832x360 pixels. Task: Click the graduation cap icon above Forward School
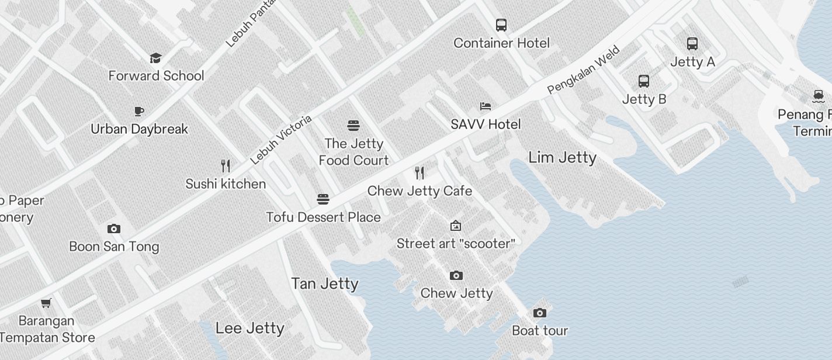(155, 58)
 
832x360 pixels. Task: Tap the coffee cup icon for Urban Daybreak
(139, 111)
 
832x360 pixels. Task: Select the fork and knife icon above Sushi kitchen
(226, 166)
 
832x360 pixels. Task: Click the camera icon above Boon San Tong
(114, 229)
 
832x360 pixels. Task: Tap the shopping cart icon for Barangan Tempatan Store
(46, 303)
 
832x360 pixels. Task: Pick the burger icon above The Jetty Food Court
(353, 126)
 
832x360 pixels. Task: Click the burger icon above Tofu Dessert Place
(323, 199)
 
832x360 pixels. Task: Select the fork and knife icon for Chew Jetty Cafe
(420, 172)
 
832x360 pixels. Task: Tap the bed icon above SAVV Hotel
(486, 106)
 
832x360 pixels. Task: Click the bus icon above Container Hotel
(501, 25)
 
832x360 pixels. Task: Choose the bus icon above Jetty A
(692, 43)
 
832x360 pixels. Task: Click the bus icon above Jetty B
(644, 81)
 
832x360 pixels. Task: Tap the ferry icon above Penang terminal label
(818, 95)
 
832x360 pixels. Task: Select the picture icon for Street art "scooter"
(456, 226)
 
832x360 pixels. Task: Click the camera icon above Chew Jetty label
(456, 275)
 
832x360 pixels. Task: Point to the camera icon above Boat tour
(540, 313)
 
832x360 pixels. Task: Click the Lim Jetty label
(562, 157)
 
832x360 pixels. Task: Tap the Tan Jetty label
(325, 283)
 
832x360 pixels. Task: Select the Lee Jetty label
(250, 328)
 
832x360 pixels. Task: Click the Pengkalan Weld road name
(583, 70)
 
